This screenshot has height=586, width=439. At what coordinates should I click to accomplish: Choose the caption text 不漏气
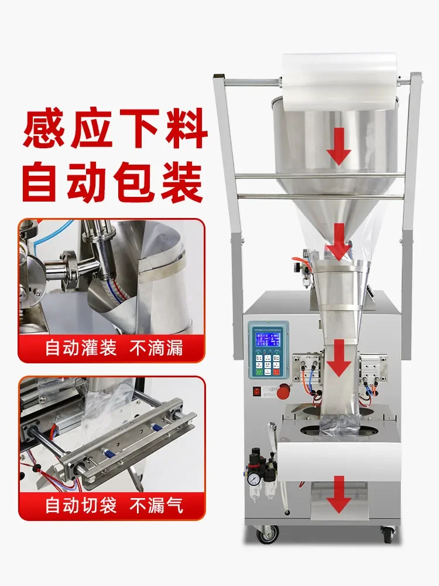pyautogui.click(x=159, y=505)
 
